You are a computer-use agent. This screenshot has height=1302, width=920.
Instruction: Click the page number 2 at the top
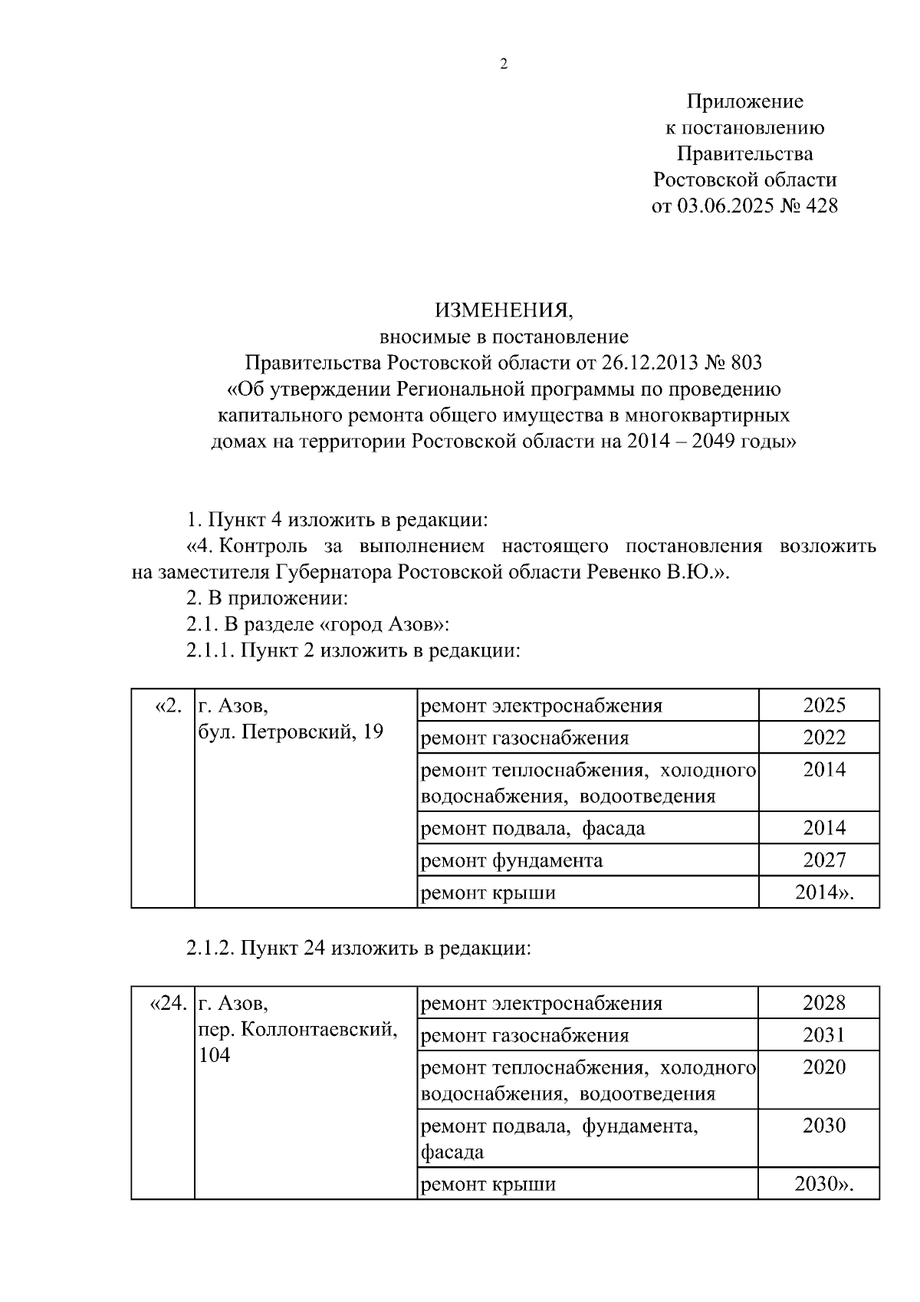[x=503, y=65]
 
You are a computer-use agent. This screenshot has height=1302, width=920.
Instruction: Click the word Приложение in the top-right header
[x=744, y=101]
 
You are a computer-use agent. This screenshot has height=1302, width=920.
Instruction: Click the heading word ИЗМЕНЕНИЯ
[x=503, y=311]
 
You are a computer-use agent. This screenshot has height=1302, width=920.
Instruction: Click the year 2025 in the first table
[x=824, y=705]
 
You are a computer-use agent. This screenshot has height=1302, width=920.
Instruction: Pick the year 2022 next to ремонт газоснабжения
[x=824, y=738]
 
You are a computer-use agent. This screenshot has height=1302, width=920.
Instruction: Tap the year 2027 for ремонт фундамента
[x=824, y=860]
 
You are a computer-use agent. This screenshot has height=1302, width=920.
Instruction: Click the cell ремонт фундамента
[x=512, y=860]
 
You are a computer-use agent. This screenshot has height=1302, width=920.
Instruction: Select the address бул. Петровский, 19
[x=291, y=732]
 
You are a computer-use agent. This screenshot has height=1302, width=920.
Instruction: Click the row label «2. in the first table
[x=168, y=705]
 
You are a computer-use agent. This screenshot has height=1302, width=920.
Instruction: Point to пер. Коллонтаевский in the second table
[x=297, y=1029]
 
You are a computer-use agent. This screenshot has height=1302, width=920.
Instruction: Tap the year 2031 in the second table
[x=824, y=1036]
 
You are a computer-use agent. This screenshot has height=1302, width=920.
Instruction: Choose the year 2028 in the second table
[x=824, y=1003]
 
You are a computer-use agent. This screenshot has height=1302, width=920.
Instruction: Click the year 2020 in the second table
[x=824, y=1067]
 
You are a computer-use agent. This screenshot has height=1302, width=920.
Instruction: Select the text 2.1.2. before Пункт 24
[x=211, y=949]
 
